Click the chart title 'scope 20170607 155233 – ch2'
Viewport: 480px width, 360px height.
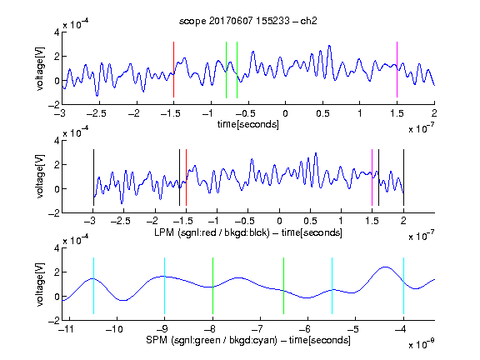coord(248,21)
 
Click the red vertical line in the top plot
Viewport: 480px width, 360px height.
coord(173,70)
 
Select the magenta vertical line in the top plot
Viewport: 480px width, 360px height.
coord(397,70)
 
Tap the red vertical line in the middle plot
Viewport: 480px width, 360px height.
coord(186,177)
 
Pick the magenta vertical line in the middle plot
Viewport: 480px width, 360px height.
coord(372,177)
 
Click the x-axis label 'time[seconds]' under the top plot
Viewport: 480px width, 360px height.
coord(248,124)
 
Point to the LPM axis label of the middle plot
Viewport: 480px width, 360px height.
coord(248,232)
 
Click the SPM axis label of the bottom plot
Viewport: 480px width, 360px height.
coord(248,340)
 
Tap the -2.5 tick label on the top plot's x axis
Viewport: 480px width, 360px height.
coord(96,113)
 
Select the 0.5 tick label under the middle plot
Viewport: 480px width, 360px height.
coord(310,221)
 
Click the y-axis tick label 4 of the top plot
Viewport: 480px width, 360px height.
coord(57,32)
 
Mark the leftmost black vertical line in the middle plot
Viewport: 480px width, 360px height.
coord(93,177)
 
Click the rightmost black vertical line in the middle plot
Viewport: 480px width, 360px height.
coord(403,177)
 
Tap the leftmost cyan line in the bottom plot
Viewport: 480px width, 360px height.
coord(93,286)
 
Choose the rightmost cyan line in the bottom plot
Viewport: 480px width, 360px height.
coord(403,286)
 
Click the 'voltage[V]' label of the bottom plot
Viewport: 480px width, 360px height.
coord(40,284)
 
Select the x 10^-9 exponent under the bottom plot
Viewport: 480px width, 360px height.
coord(421,344)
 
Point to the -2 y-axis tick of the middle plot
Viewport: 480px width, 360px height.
coord(54,213)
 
